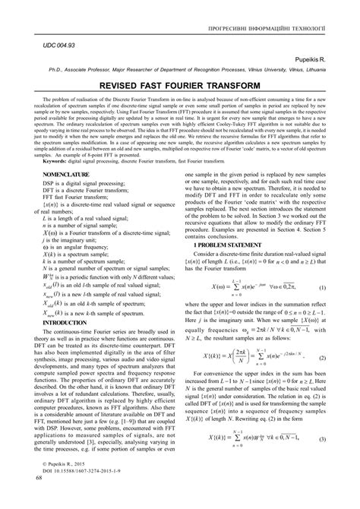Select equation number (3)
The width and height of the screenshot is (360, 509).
click(322, 460)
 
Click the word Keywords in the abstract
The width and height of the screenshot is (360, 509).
click(62, 182)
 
